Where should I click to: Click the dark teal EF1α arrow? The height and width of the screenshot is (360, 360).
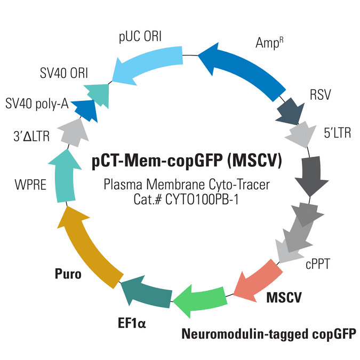[x=147, y=292]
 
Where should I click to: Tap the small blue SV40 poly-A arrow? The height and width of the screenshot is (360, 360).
[x=85, y=110]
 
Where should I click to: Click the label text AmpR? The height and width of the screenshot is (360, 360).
[x=269, y=43]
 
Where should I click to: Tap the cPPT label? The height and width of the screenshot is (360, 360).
[x=318, y=265]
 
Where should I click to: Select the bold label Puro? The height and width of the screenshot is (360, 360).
[x=68, y=274]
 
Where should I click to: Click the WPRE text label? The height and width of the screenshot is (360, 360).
[x=30, y=185]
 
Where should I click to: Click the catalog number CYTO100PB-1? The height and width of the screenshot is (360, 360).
[x=202, y=199]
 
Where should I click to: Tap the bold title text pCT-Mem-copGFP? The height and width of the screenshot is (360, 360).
[x=157, y=161]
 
